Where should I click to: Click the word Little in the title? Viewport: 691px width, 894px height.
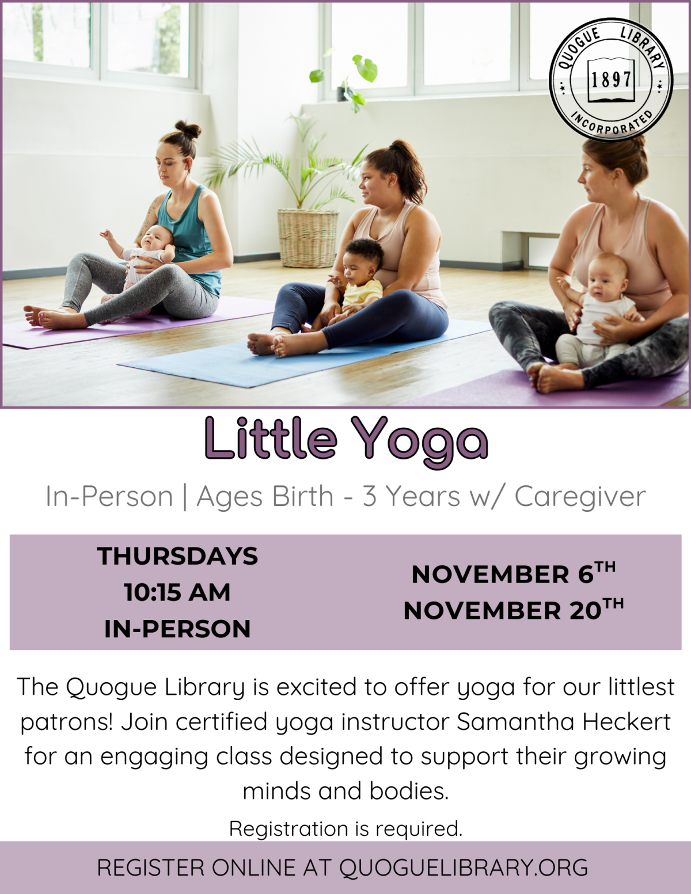click(x=270, y=439)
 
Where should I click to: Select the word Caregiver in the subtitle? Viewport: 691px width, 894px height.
click(x=580, y=496)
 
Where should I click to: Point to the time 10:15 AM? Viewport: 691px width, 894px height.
click(x=177, y=592)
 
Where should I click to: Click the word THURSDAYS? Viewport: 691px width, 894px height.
click(x=177, y=556)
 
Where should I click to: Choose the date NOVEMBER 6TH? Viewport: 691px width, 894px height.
click(x=513, y=573)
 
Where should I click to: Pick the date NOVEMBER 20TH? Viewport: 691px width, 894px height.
click(x=513, y=610)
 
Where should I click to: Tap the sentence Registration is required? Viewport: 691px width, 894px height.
click(x=345, y=828)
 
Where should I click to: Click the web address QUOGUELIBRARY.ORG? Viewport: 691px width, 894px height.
click(x=464, y=868)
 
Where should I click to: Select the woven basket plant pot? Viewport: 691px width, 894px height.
click(x=308, y=238)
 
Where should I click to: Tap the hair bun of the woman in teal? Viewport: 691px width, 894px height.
click(x=188, y=130)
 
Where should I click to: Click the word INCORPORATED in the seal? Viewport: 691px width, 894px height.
click(x=612, y=124)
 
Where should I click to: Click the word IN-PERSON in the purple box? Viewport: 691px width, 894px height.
click(x=177, y=629)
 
